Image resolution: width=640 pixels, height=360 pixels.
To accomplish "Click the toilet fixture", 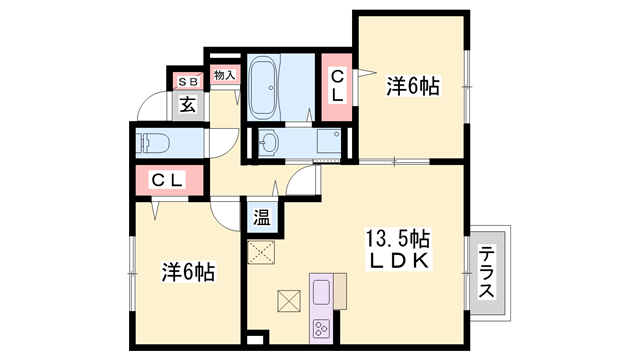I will pos(155,141).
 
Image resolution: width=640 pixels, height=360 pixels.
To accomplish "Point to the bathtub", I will pos(265,86).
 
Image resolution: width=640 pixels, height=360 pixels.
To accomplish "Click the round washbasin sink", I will pos(268,144).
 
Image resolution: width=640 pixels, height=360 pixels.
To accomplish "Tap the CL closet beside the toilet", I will pos(167,181).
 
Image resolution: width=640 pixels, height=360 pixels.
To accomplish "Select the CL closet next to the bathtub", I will pos(337,86).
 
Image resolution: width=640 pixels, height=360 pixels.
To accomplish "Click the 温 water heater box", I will pos(261,216).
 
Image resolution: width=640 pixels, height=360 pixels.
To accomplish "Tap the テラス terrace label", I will pos(487,272).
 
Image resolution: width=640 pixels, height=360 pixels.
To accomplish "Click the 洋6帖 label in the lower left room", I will pos(189,271).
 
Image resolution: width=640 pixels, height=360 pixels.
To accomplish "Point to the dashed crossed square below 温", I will pos(262,251).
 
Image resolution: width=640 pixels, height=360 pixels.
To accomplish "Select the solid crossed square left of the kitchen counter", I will pos(288,299).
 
